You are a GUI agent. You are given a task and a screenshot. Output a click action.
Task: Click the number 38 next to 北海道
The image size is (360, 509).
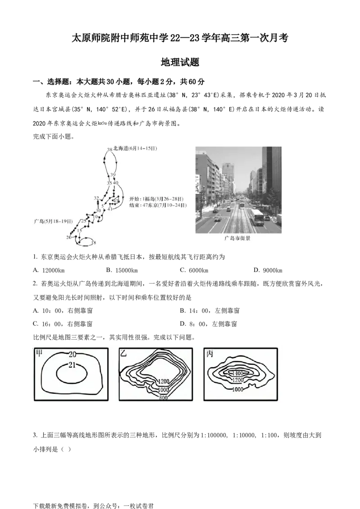point(109,149)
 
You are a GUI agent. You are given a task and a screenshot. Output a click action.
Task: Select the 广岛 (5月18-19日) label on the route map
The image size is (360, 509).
point(53,222)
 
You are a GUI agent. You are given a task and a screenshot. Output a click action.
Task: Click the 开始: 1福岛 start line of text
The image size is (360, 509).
point(157,199)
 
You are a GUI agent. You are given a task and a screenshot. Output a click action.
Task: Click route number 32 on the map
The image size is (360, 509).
point(96,198)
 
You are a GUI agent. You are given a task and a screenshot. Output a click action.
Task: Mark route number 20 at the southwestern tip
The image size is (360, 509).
point(69,237)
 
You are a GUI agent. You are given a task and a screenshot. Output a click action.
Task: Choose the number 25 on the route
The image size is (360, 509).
point(83,221)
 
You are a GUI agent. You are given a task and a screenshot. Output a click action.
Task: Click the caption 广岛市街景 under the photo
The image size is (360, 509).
point(238,238)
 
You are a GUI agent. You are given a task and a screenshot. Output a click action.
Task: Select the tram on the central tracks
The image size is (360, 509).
point(242,205)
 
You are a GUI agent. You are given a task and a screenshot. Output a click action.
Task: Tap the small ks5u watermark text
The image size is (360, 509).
point(103,123)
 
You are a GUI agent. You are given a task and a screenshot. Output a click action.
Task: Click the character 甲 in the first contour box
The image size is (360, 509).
point(39,353)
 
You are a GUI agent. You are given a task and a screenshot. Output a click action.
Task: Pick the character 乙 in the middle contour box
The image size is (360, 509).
point(123,353)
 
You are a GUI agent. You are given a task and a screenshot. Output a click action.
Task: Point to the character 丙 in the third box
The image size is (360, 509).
point(209,354)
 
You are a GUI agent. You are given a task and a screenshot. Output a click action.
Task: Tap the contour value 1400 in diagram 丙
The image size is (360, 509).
point(237,373)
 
